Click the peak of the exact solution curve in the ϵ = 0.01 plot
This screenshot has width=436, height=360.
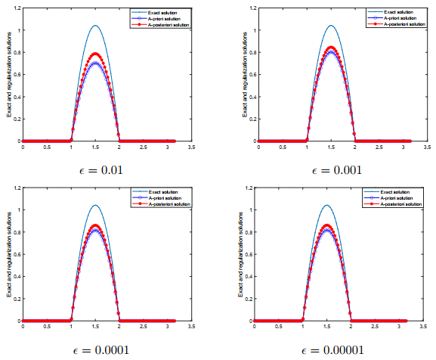95,25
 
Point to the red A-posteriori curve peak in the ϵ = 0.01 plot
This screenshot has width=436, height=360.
95,53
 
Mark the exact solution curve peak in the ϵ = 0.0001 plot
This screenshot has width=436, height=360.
95,205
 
